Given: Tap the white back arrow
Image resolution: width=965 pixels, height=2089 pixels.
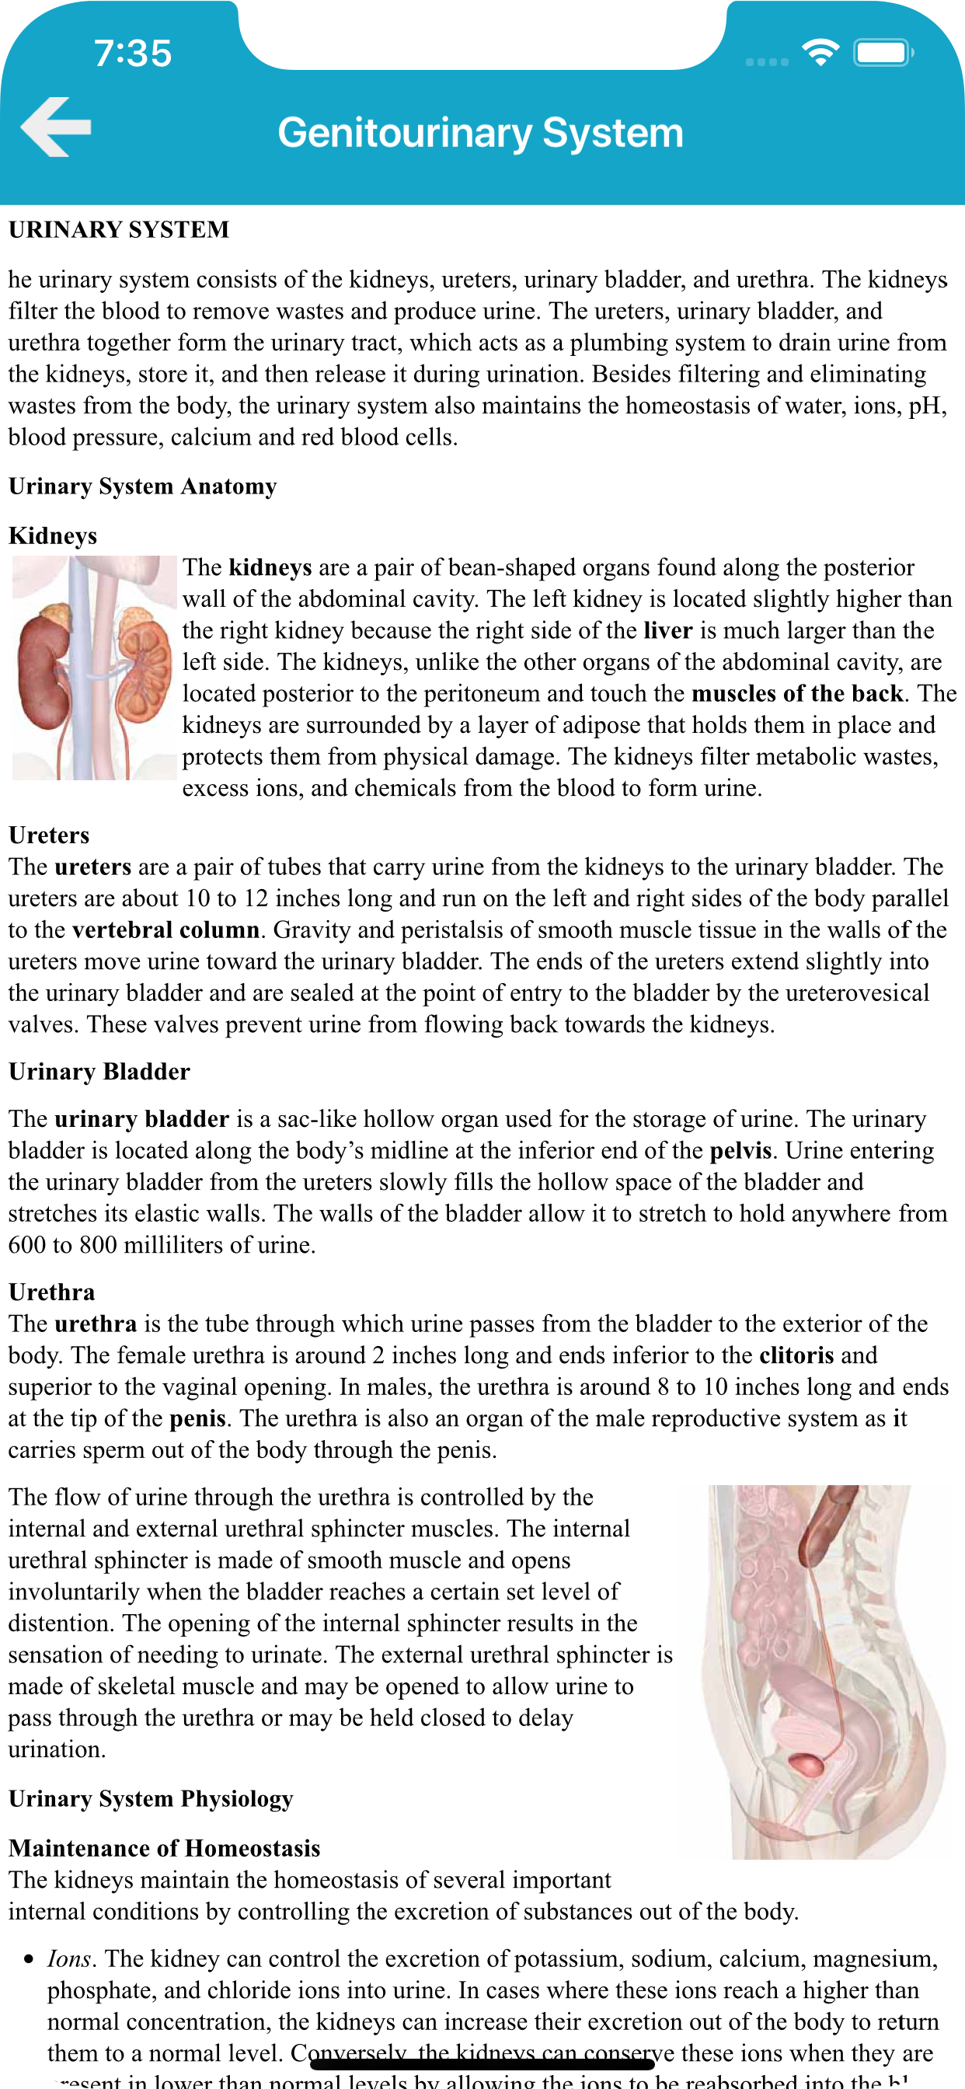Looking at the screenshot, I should pyautogui.click(x=55, y=127).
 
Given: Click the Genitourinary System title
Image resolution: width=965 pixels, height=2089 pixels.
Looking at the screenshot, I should pyautogui.click(x=481, y=132).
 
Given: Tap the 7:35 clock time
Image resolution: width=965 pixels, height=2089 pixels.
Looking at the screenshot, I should pyautogui.click(x=133, y=54).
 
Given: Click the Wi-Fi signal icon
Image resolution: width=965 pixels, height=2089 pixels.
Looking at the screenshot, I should pyautogui.click(x=820, y=53).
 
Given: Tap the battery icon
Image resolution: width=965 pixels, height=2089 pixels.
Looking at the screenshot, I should pyautogui.click(x=883, y=54).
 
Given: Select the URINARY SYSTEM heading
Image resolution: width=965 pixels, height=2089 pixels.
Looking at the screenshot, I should pyautogui.click(x=119, y=229).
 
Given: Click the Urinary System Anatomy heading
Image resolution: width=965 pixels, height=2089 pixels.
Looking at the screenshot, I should pyautogui.click(x=143, y=487).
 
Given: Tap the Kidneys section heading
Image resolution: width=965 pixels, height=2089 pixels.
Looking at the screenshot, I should pyautogui.click(x=53, y=536).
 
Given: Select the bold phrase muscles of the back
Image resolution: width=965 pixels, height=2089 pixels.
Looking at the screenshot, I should pyautogui.click(x=797, y=694).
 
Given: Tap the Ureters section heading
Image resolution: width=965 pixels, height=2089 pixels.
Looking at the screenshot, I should pyautogui.click(x=49, y=835).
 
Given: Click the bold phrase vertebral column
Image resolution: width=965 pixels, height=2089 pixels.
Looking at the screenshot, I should pyautogui.click(x=165, y=930).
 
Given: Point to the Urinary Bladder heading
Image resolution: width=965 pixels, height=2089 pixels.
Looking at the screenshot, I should pyautogui.click(x=99, y=1072).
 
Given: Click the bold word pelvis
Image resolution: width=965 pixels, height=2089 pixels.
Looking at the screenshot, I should pyautogui.click(x=740, y=1151).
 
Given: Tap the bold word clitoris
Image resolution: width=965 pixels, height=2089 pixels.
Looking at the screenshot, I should pyautogui.click(x=796, y=1355).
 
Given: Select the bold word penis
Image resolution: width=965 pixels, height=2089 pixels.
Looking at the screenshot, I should pyautogui.click(x=198, y=1418).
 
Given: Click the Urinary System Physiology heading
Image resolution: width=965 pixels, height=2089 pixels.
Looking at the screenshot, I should pyautogui.click(x=151, y=1798).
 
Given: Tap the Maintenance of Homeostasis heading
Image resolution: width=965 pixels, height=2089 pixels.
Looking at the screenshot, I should pyautogui.click(x=165, y=1848).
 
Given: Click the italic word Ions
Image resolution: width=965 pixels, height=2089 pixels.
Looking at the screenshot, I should pyautogui.click(x=69, y=1959).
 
